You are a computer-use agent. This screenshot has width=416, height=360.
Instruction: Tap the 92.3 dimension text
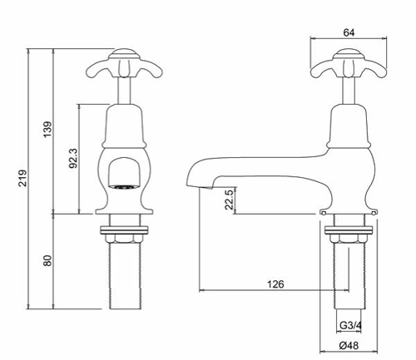pyautogui.click(x=72, y=157)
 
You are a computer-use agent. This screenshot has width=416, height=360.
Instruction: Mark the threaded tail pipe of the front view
pyautogui.click(x=124, y=274)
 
